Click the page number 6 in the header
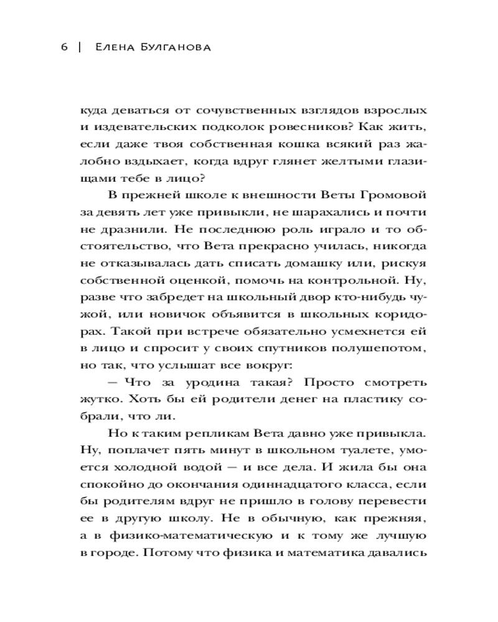click(x=65, y=49)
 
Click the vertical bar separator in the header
click(x=80, y=49)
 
